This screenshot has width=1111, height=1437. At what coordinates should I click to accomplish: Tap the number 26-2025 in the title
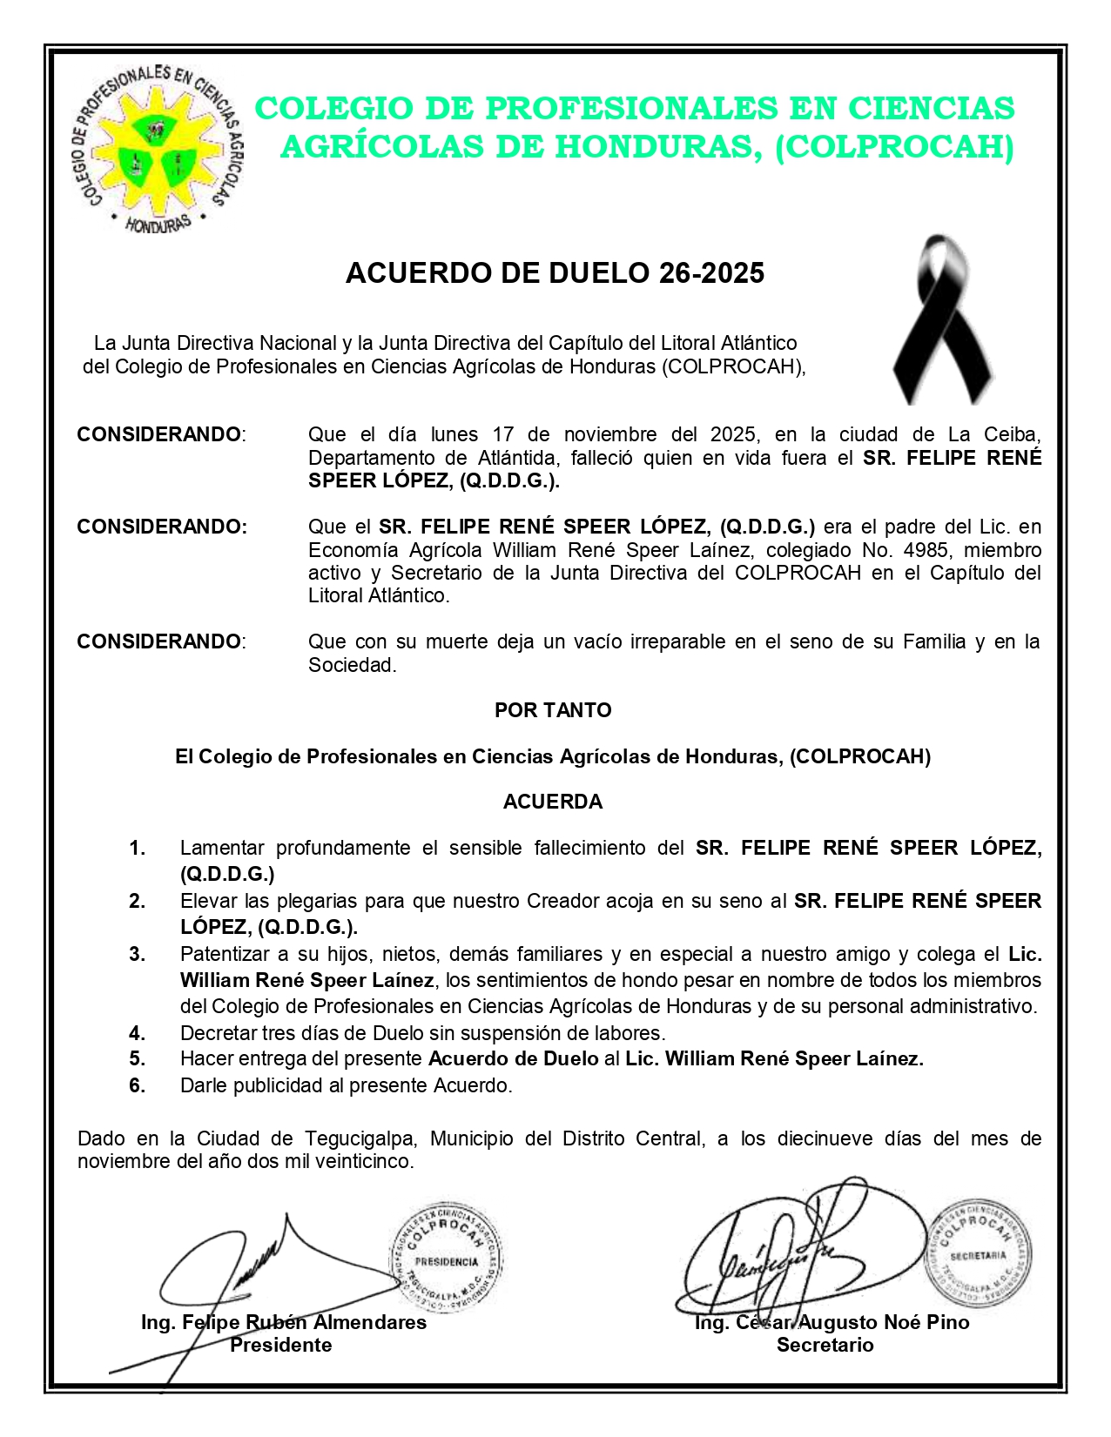(x=711, y=273)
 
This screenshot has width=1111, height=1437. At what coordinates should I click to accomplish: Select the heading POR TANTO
(x=553, y=710)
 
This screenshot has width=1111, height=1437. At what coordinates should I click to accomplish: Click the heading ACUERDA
(x=553, y=802)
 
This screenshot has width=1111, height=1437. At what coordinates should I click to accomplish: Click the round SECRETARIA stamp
(x=979, y=1255)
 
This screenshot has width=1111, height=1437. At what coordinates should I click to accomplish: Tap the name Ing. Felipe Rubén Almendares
(x=284, y=1322)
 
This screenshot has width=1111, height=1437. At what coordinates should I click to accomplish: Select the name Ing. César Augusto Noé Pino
(x=832, y=1322)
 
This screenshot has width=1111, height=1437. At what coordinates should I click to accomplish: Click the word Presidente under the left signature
(x=280, y=1345)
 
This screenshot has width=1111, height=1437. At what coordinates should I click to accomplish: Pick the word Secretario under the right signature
(x=825, y=1345)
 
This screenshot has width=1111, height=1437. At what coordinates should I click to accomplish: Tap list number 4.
(x=138, y=1033)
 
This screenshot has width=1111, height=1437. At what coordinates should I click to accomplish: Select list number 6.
(x=138, y=1085)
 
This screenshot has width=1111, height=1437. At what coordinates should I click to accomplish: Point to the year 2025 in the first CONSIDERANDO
(x=733, y=434)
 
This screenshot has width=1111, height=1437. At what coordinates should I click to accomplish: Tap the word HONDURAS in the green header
(x=653, y=147)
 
